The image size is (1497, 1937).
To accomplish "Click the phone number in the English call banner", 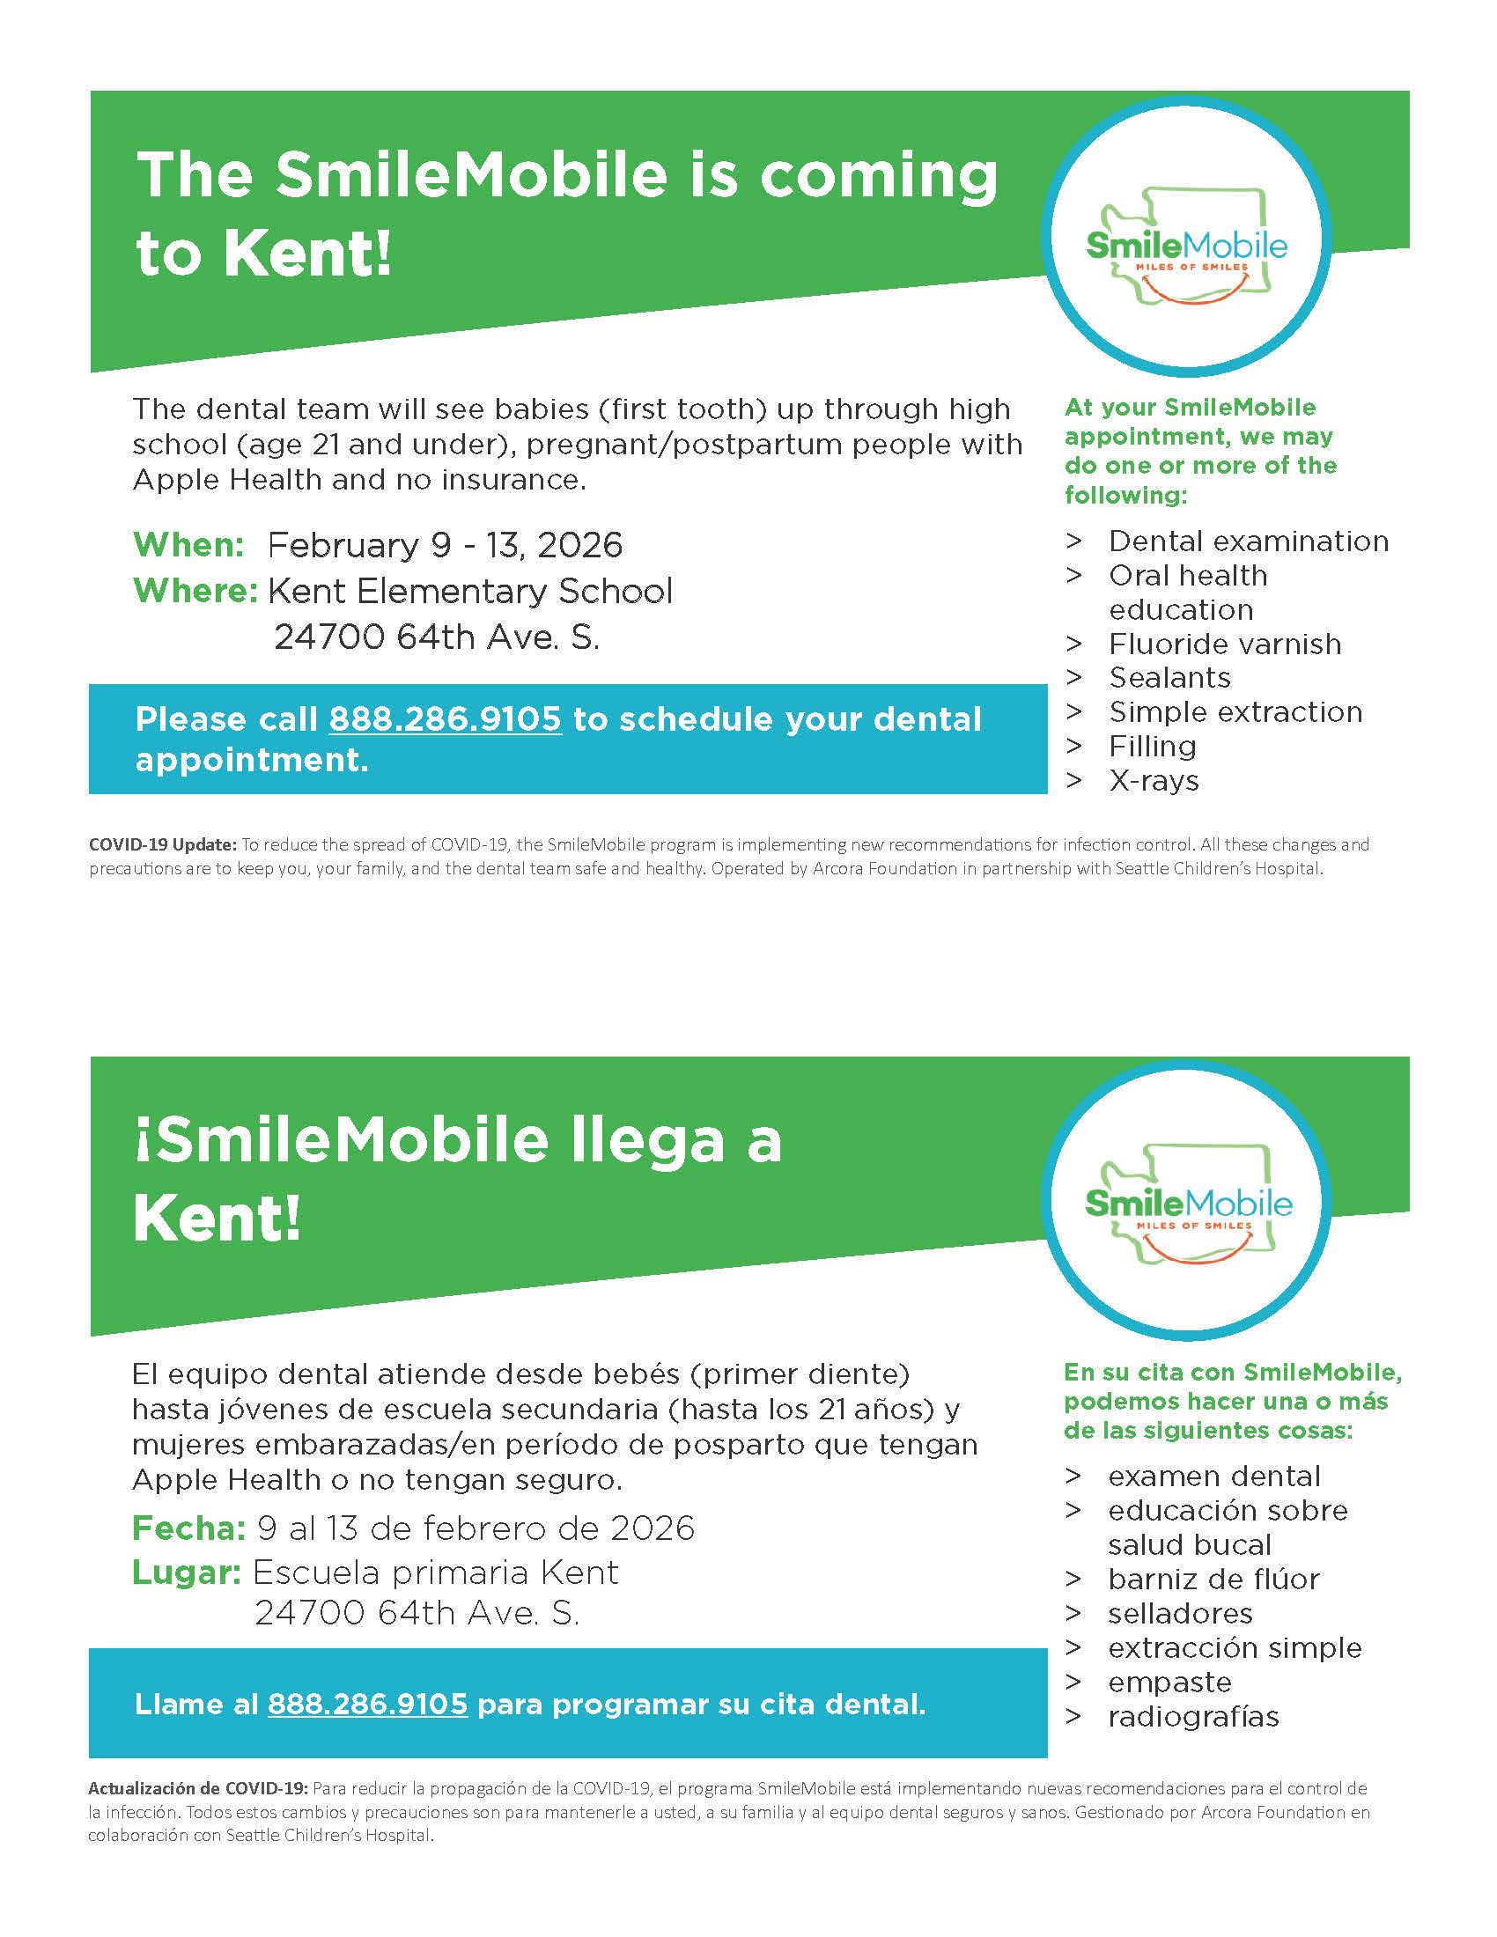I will click(x=446, y=718).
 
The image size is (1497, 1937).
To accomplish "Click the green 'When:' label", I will click(x=188, y=544).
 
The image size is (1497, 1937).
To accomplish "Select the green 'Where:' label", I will click(x=195, y=591).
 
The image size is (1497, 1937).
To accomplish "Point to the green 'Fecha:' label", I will click(x=188, y=1528).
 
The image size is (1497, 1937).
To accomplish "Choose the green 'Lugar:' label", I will click(x=186, y=1572).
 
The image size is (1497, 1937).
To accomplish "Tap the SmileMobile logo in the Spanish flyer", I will click(x=1187, y=1202).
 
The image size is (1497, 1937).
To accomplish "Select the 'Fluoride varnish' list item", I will click(x=1225, y=644).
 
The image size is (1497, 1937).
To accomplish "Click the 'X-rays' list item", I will click(x=1154, y=780).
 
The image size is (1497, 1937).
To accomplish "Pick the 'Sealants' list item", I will click(x=1169, y=678).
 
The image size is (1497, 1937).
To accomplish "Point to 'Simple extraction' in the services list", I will click(x=1235, y=712).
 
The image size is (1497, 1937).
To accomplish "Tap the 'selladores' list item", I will click(x=1179, y=1613).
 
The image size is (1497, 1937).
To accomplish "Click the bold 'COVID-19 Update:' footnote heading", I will click(x=162, y=844).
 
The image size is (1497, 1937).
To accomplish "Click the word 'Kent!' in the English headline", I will click(x=306, y=255).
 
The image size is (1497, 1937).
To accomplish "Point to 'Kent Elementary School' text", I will click(x=470, y=591).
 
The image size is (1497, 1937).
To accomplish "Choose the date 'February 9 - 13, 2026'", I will click(x=445, y=544).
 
